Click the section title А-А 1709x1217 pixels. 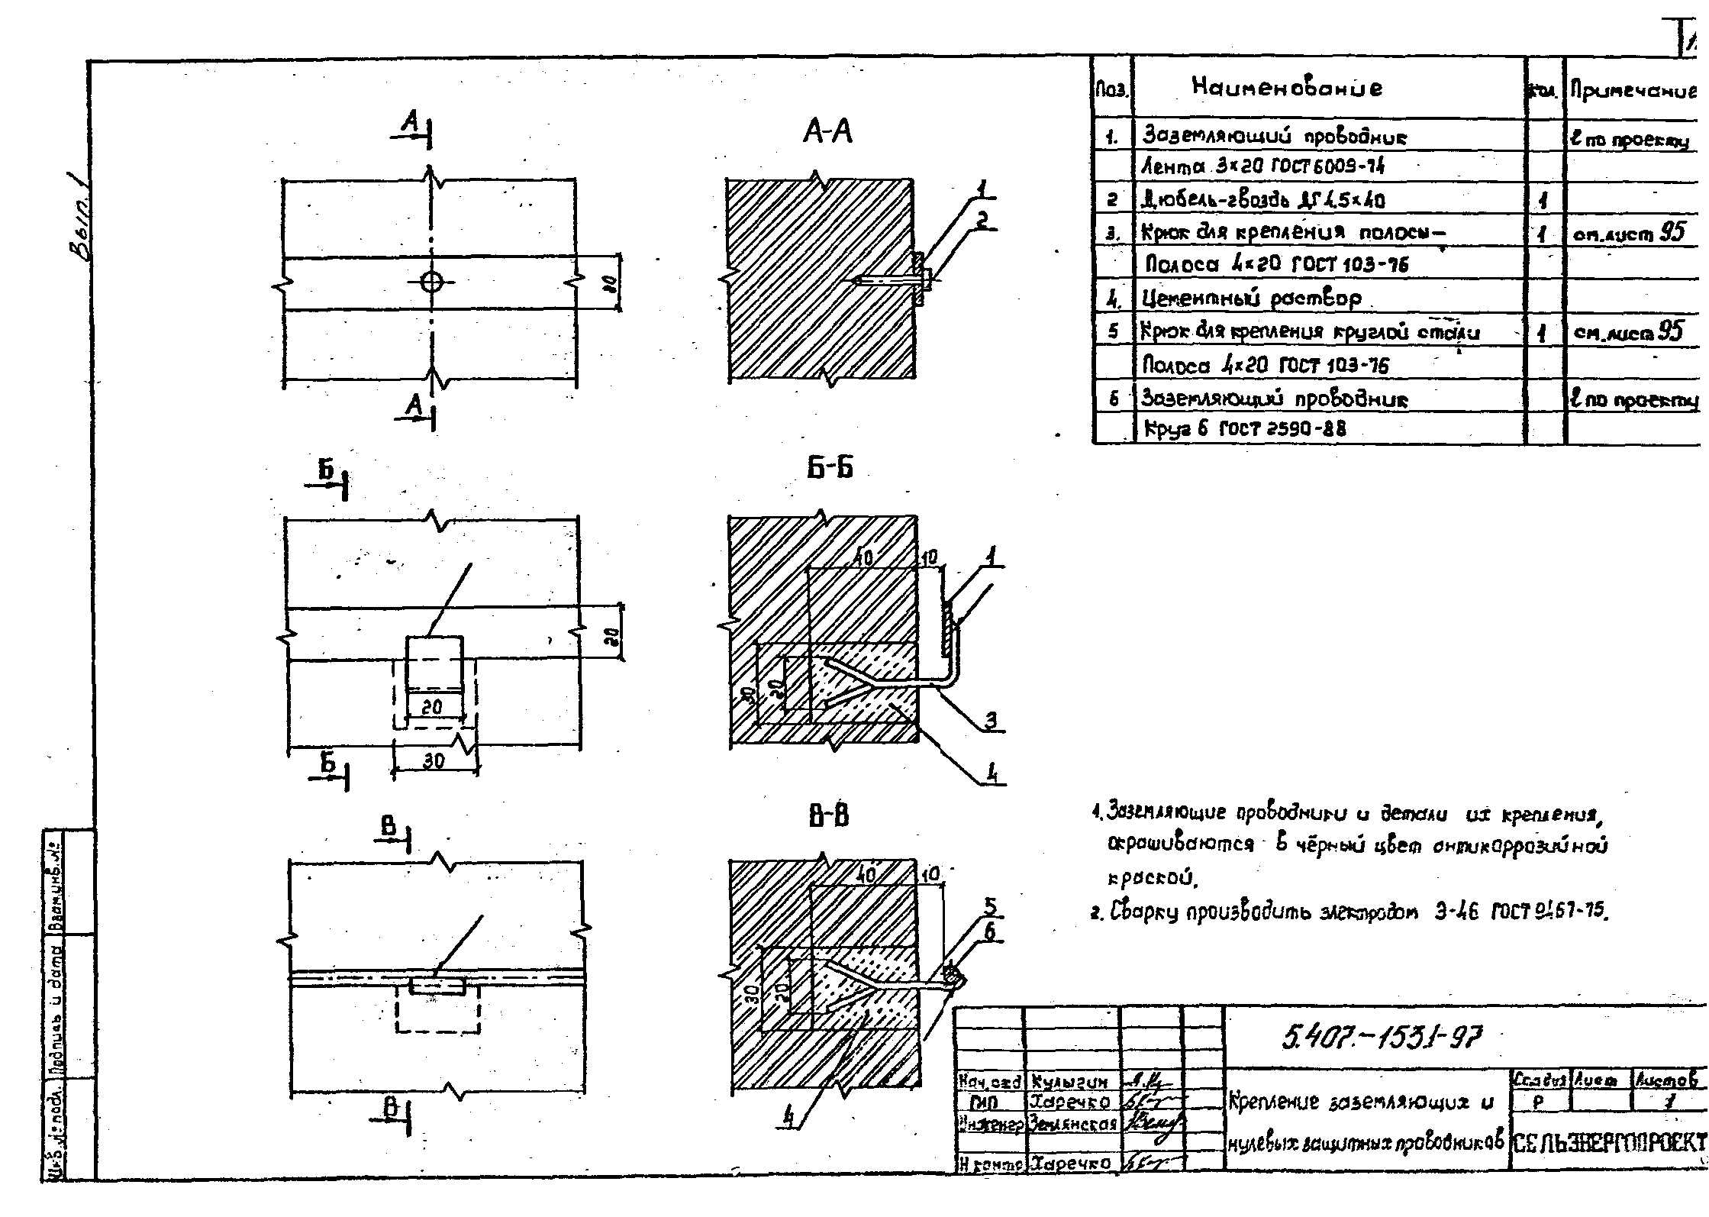pos(827,133)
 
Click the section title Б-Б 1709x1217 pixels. pos(830,467)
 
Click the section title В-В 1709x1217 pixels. pos(829,817)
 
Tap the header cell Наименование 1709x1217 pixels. pos(1286,88)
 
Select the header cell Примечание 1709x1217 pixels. pos(1633,92)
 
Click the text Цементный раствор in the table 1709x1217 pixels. pos(1252,298)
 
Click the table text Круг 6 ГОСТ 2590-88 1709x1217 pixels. pos(1244,429)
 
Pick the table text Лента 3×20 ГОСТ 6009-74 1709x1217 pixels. pos(1262,166)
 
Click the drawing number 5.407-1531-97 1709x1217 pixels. pos(1382,1038)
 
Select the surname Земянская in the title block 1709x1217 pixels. pos(1072,1124)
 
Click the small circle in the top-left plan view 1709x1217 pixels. pos(432,282)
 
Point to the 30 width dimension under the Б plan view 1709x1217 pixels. pos(434,761)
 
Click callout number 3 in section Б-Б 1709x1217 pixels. pos(990,719)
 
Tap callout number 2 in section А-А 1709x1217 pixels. pos(984,220)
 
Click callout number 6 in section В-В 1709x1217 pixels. pos(990,931)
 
